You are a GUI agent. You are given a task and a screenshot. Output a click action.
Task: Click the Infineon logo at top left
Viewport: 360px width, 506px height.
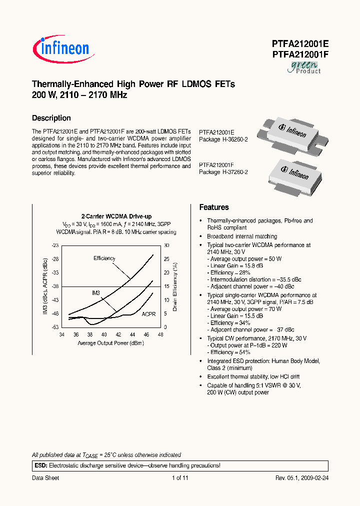61,48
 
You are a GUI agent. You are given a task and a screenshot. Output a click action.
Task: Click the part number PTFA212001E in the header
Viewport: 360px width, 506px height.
300,43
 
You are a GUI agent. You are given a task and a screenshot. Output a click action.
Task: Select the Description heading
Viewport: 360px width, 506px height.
51,118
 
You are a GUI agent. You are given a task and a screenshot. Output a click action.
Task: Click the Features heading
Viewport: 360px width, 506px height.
214,207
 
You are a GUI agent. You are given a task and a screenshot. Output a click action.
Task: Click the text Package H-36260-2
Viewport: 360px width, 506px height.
223,139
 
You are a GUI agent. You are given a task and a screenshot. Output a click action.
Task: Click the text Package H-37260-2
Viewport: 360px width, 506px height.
223,172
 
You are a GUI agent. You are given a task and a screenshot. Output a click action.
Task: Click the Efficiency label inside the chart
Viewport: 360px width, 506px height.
104,258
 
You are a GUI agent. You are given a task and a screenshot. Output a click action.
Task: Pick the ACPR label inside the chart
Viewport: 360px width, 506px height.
148,314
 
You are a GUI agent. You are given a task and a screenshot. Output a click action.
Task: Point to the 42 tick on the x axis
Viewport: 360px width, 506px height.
118,334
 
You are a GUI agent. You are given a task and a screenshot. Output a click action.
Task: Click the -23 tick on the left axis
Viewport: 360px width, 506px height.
55,245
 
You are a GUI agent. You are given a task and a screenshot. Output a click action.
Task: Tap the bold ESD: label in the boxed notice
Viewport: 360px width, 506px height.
40,465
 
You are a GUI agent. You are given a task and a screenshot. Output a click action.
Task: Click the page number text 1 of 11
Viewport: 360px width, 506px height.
180,478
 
